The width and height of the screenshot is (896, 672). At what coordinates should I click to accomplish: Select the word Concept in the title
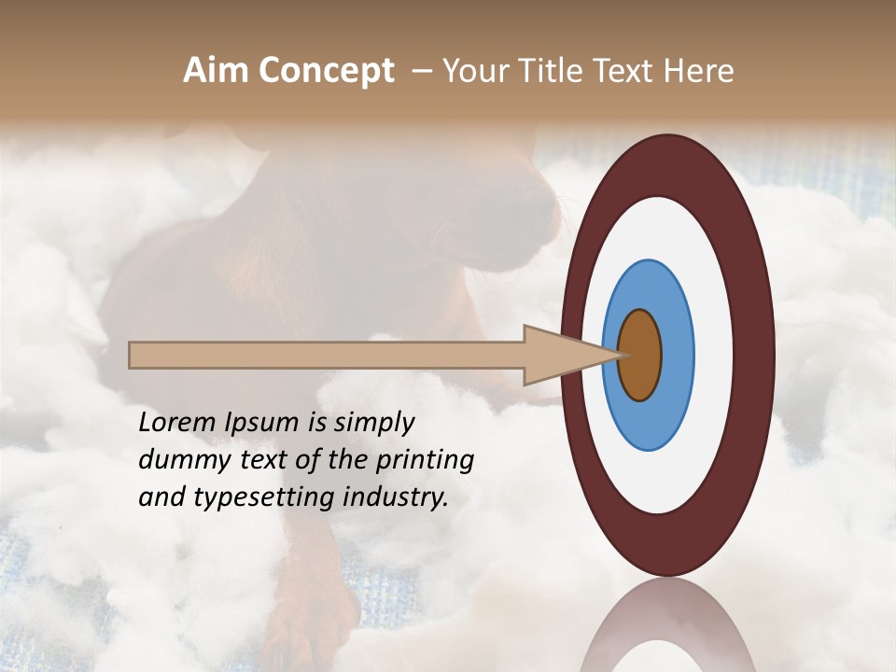coord(327,72)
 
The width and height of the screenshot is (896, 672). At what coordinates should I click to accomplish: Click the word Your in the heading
coord(475,71)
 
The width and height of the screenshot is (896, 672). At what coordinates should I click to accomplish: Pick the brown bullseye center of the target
coord(640,356)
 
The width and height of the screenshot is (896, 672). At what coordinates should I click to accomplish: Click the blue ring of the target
coord(677,355)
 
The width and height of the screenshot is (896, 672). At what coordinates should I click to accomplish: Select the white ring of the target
coord(715,355)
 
